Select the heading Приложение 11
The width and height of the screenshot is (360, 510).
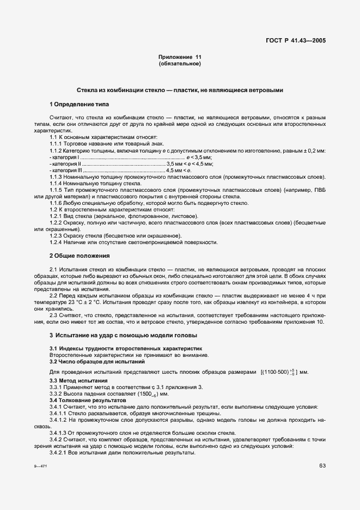[180, 57]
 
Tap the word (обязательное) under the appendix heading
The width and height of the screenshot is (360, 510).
[180, 64]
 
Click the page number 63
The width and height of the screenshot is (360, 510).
[322, 465]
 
